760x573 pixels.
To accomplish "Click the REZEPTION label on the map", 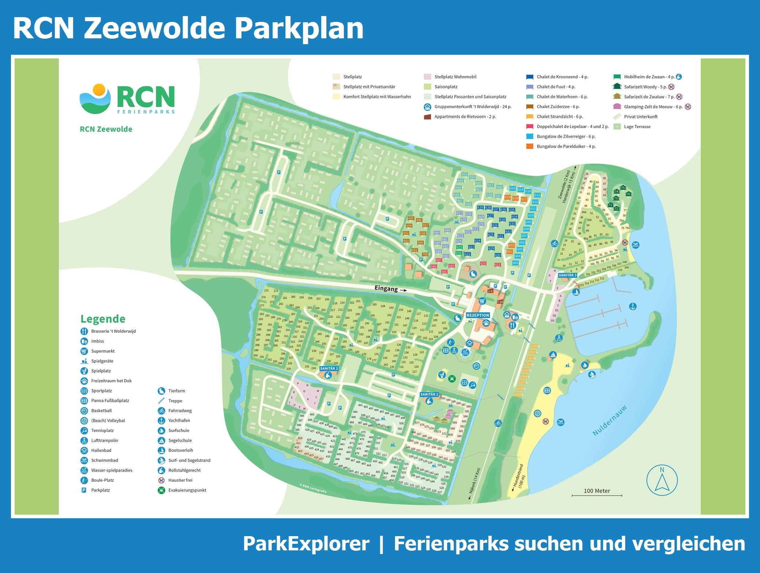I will pyautogui.click(x=478, y=315).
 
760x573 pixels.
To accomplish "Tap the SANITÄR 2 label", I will pyautogui.click(x=329, y=369).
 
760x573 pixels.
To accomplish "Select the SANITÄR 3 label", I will pyautogui.click(x=567, y=275).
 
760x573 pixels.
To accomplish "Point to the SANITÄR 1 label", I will pyautogui.click(x=429, y=395).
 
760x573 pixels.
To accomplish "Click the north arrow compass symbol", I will pyautogui.click(x=662, y=480).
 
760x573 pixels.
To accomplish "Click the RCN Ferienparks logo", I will pyautogui.click(x=127, y=99).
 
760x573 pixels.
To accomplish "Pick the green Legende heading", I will pyautogui.click(x=103, y=319).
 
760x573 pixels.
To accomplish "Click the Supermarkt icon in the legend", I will pyautogui.click(x=84, y=351).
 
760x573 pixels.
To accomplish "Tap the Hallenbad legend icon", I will pyautogui.click(x=84, y=450).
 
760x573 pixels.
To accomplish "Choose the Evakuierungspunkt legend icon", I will pyautogui.click(x=161, y=490).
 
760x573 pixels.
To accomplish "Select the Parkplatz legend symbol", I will pyautogui.click(x=84, y=490).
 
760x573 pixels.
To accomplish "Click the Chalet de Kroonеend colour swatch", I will pyautogui.click(x=529, y=77).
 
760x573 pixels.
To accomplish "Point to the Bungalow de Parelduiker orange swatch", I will pyautogui.click(x=529, y=146).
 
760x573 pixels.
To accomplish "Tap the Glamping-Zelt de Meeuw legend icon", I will pyautogui.click(x=617, y=107).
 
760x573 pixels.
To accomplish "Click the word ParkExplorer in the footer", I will pyautogui.click(x=306, y=544).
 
